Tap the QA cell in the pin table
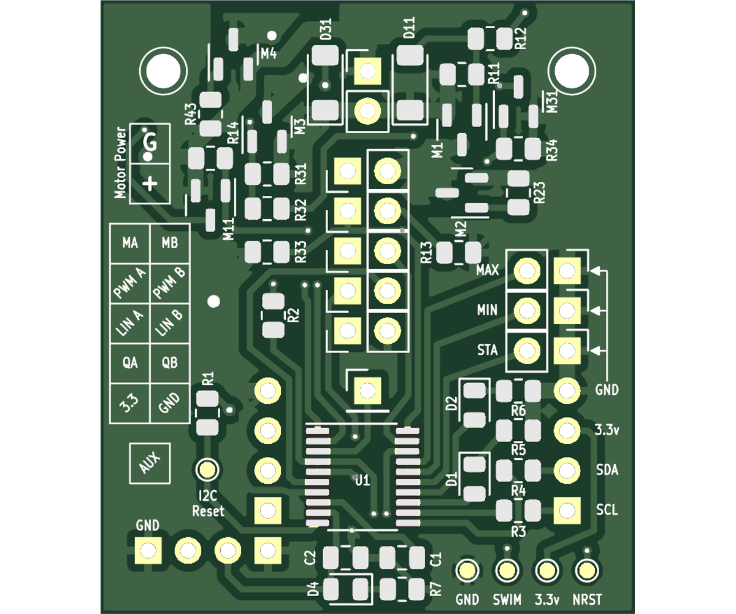point(129,363)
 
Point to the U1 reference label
point(362,480)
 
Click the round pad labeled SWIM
point(507,571)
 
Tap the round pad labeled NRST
point(586,571)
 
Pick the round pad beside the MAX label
point(527,270)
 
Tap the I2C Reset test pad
point(208,470)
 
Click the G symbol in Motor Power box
point(150,142)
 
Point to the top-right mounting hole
point(572,71)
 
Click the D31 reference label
point(326,29)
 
